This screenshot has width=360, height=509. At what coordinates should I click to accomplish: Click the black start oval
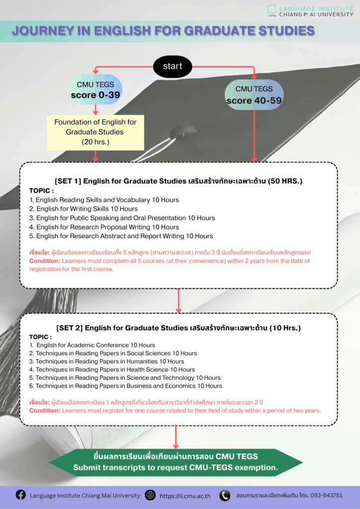173,67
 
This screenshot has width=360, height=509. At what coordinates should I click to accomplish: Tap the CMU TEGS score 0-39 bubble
95,90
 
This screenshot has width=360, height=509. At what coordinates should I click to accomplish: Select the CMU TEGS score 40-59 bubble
254,95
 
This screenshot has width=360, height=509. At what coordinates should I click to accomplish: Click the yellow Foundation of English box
95,132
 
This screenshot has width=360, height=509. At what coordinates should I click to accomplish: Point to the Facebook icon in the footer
20,495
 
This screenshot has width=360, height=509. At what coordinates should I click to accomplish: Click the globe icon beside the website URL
150,495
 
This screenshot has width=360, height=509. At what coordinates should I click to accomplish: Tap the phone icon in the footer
225,495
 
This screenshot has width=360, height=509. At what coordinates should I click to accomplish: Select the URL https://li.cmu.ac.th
185,496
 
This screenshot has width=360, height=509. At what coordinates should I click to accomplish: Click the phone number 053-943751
324,495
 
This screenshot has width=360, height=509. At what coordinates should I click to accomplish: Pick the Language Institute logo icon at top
271,10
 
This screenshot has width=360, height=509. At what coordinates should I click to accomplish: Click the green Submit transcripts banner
176,462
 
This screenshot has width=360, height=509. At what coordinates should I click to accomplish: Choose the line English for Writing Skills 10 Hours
84,209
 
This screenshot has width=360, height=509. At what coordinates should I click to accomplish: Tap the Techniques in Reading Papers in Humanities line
106,361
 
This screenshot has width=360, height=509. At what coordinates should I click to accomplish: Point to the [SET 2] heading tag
70,328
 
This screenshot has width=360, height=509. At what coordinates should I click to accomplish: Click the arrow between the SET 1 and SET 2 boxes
179,300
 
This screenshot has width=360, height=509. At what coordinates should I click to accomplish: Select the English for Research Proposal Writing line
104,227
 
